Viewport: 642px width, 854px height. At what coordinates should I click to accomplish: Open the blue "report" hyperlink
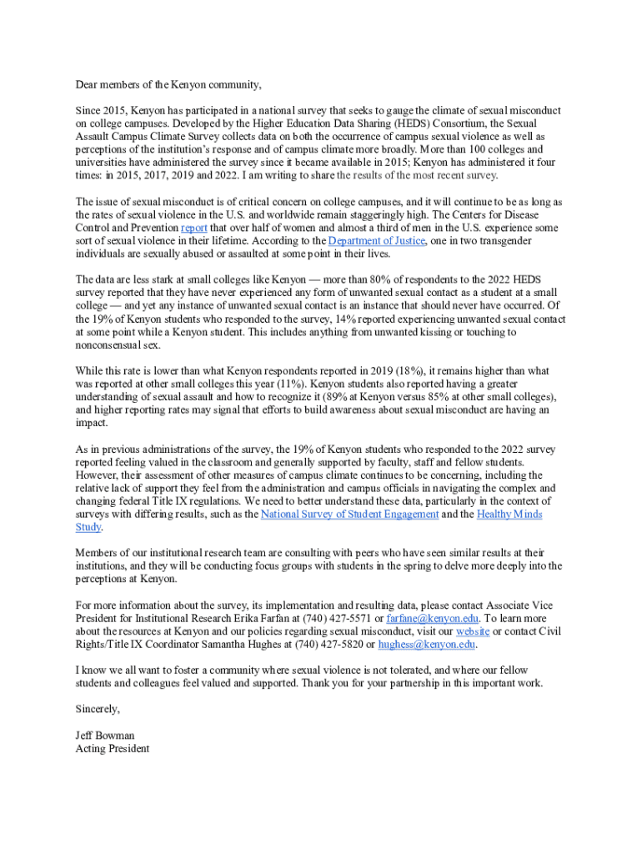pos(194,228)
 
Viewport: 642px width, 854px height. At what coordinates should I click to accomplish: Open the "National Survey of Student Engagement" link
pos(349,515)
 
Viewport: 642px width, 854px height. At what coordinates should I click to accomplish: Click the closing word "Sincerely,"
pos(98,709)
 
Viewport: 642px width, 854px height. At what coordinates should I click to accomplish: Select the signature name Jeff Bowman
pos(104,736)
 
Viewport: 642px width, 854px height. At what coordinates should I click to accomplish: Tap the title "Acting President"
pos(113,749)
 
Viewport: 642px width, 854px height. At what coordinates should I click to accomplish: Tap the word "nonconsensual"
pos(109,345)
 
